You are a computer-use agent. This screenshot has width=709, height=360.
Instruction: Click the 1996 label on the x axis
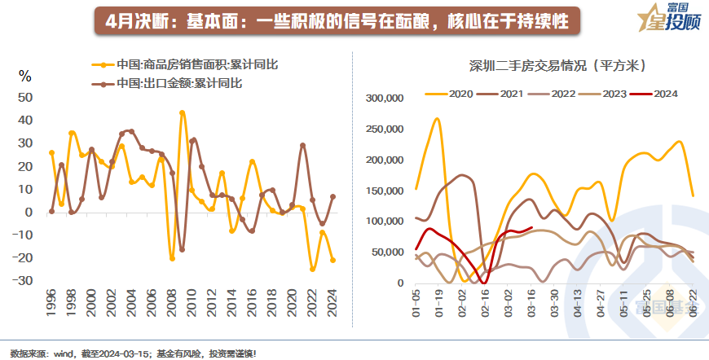tap(51, 305)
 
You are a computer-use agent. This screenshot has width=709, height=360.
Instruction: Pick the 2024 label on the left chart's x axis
tap(332, 305)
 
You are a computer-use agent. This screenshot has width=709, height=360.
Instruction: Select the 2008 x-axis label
tap(171, 305)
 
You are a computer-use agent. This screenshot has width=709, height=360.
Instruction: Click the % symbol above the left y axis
tap(25, 77)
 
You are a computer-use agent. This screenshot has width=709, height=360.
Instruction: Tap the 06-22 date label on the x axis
tap(693, 301)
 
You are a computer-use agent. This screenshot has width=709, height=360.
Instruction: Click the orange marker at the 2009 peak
tap(182, 113)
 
